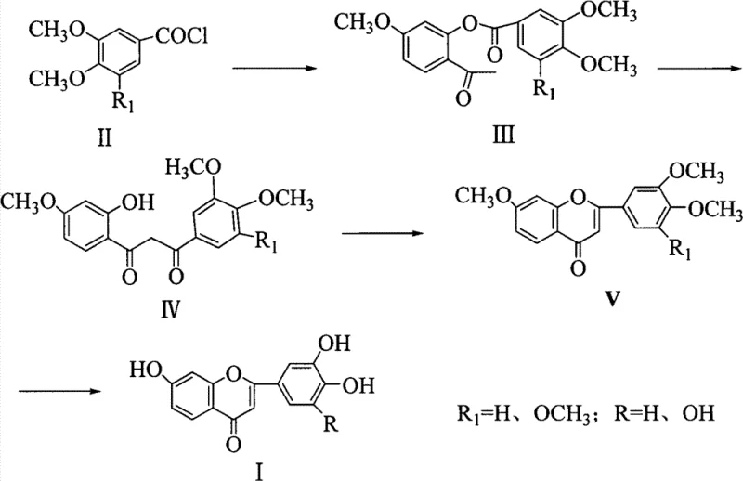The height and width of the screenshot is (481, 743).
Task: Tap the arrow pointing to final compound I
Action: pos(66,389)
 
